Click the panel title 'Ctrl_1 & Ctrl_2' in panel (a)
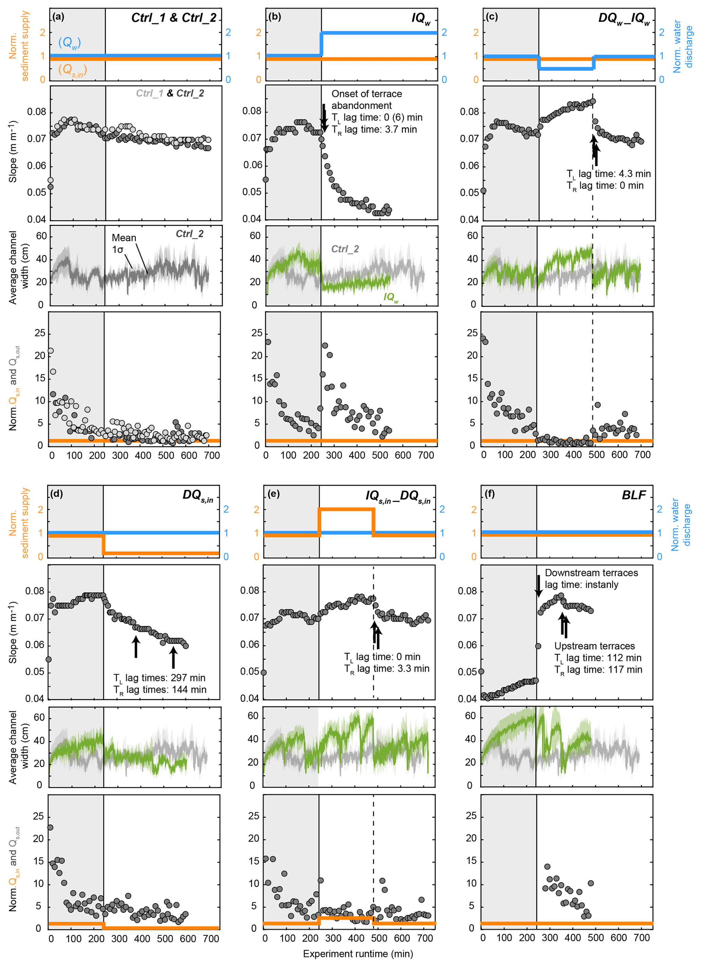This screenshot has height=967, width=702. pos(174,18)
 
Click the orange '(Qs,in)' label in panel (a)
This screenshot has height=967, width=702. pos(72,70)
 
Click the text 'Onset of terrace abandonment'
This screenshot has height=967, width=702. pos(366,99)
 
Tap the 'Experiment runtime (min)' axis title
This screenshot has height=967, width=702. pos(358,954)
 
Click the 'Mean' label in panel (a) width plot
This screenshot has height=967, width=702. pos(124,238)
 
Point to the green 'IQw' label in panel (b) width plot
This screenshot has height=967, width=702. pos(391,297)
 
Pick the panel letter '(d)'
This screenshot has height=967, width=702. pos(56,494)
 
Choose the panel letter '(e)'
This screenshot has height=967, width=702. pos(274,494)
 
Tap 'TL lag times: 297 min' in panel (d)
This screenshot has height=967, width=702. pos(159,678)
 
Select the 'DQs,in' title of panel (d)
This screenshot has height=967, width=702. pos(198,495)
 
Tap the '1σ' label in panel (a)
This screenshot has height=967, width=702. pos(118,249)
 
